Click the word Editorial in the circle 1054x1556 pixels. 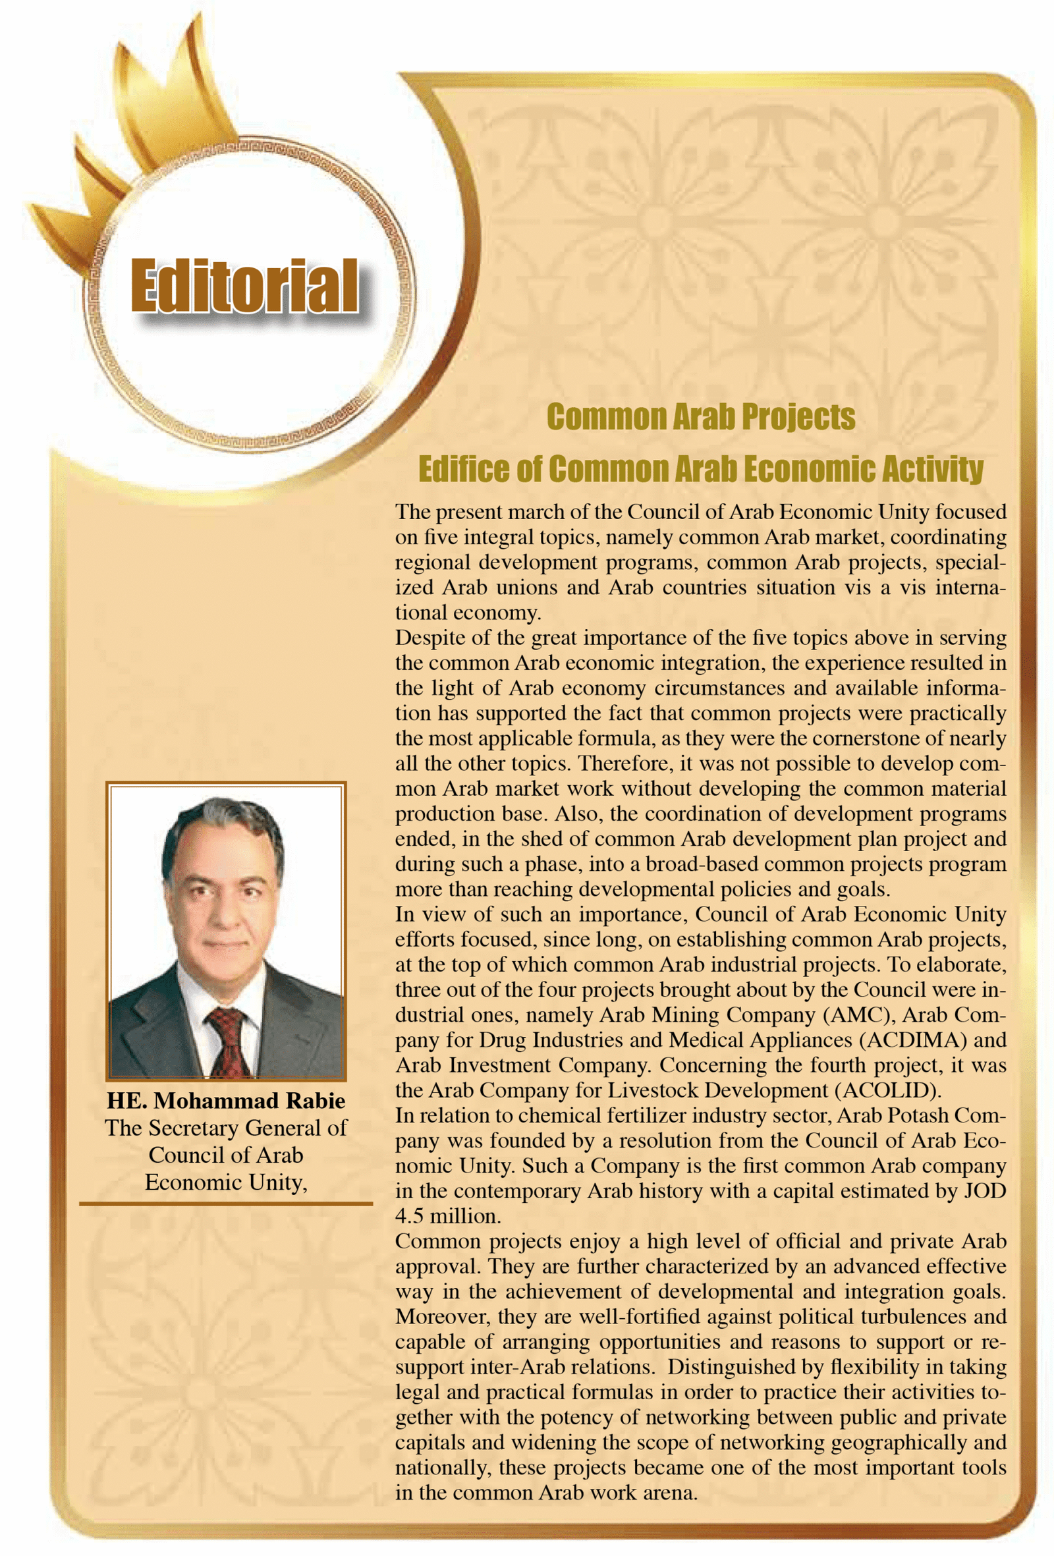244,286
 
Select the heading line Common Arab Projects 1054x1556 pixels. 700,417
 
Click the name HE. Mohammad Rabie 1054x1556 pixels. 226,1101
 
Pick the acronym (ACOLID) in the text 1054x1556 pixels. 887,1090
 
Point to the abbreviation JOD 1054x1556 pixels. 984,1191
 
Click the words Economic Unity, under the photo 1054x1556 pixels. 226,1182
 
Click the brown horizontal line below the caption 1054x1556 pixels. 226,1203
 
